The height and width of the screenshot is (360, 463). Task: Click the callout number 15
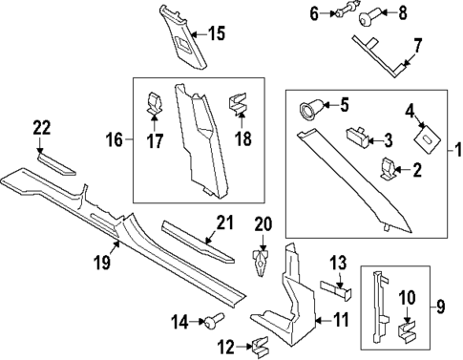(217, 33)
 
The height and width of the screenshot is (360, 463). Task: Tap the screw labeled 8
(368, 16)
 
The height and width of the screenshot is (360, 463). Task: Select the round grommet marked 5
(311, 109)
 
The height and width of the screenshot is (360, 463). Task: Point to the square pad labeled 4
(427, 138)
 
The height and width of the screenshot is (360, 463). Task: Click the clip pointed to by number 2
(388, 168)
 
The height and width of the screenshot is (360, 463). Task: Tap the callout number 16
(115, 139)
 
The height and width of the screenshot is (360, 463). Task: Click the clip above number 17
(155, 102)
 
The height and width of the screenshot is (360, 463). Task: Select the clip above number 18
(238, 103)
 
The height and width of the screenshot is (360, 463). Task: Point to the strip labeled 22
(56, 163)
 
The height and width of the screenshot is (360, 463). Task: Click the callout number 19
(102, 263)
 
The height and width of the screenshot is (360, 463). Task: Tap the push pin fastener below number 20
(261, 263)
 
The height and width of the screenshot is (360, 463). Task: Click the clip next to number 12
(261, 347)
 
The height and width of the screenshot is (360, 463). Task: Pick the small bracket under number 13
(336, 289)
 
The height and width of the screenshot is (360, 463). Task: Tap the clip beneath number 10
(407, 332)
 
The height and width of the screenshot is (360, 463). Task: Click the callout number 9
(440, 307)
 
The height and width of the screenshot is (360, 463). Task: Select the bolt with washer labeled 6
(347, 12)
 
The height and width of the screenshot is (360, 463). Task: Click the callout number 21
(225, 222)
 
